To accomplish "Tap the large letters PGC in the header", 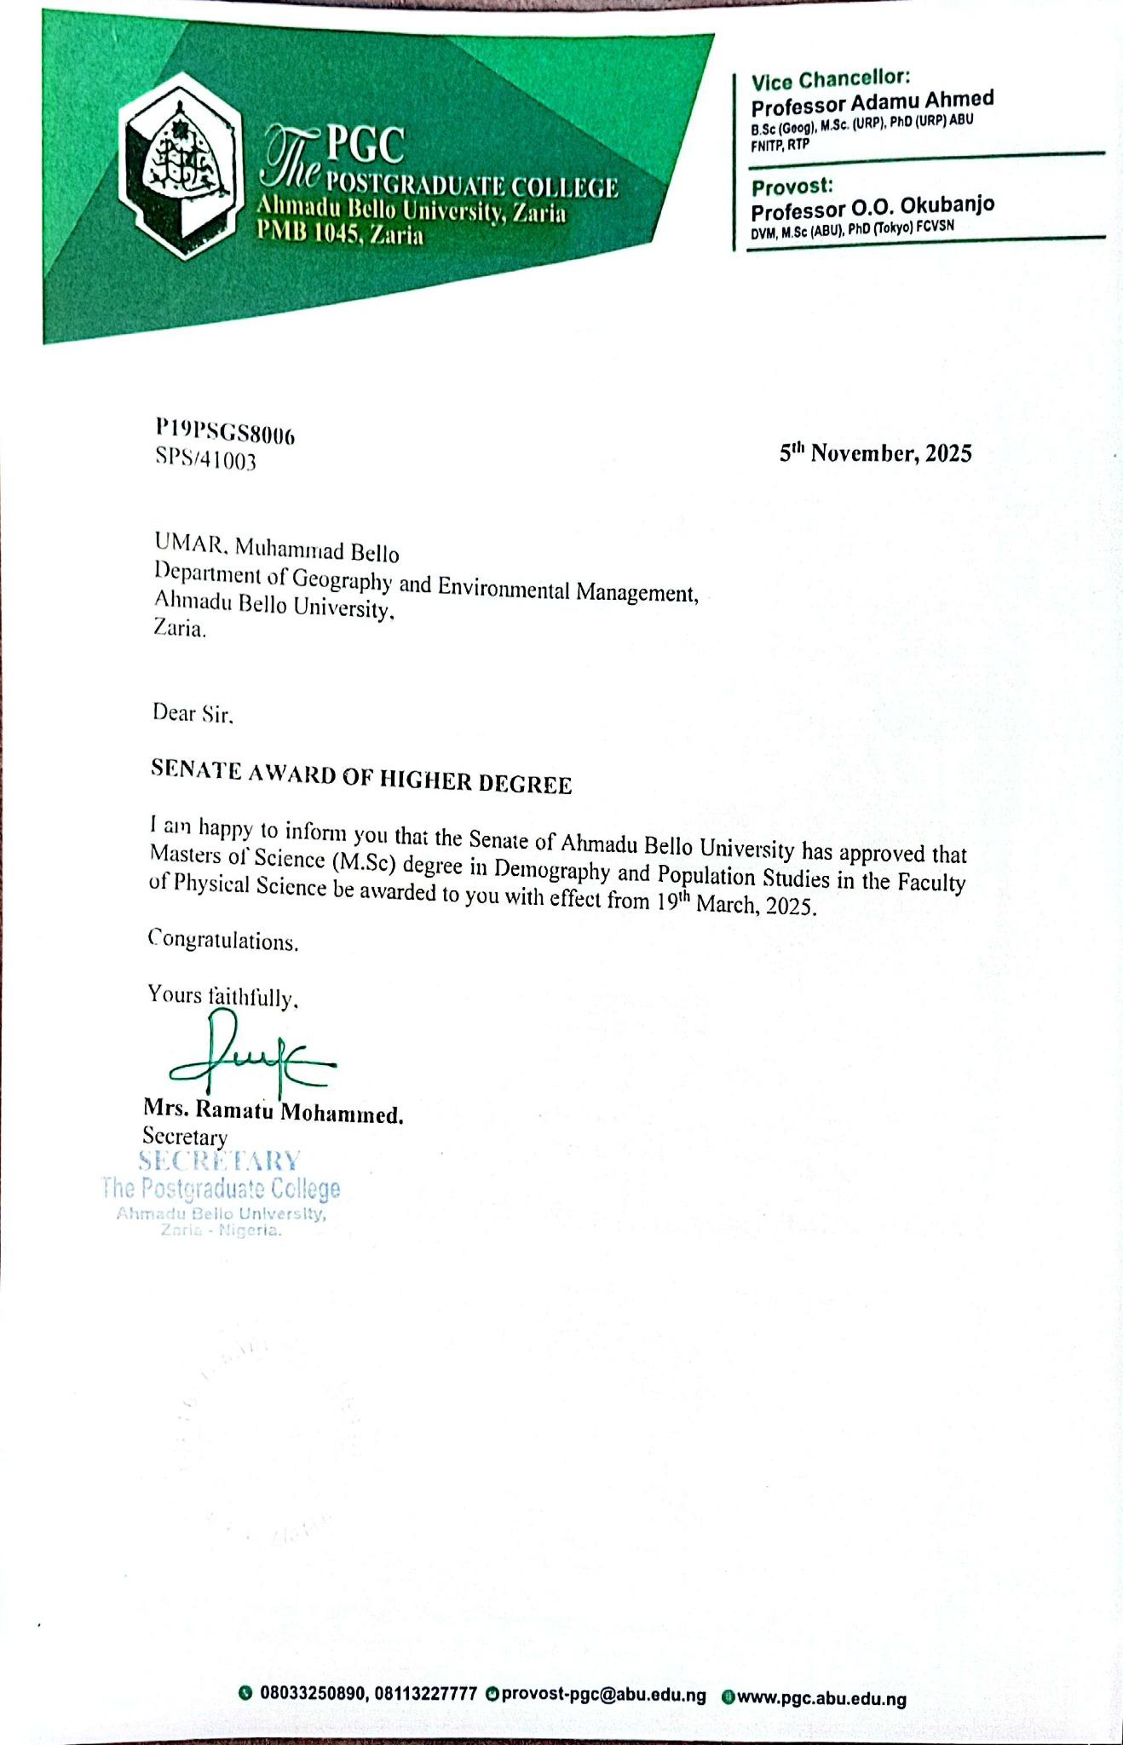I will (366, 146).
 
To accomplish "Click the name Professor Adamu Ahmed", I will (872, 101).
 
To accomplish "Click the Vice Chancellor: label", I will (831, 80).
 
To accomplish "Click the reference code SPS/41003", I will (205, 460).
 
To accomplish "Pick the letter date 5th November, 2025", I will (875, 453).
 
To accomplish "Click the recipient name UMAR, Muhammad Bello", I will (276, 545).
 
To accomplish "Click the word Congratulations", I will (223, 941).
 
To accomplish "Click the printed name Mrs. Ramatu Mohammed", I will (274, 1110).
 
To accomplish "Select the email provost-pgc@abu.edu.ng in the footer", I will (603, 1695).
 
